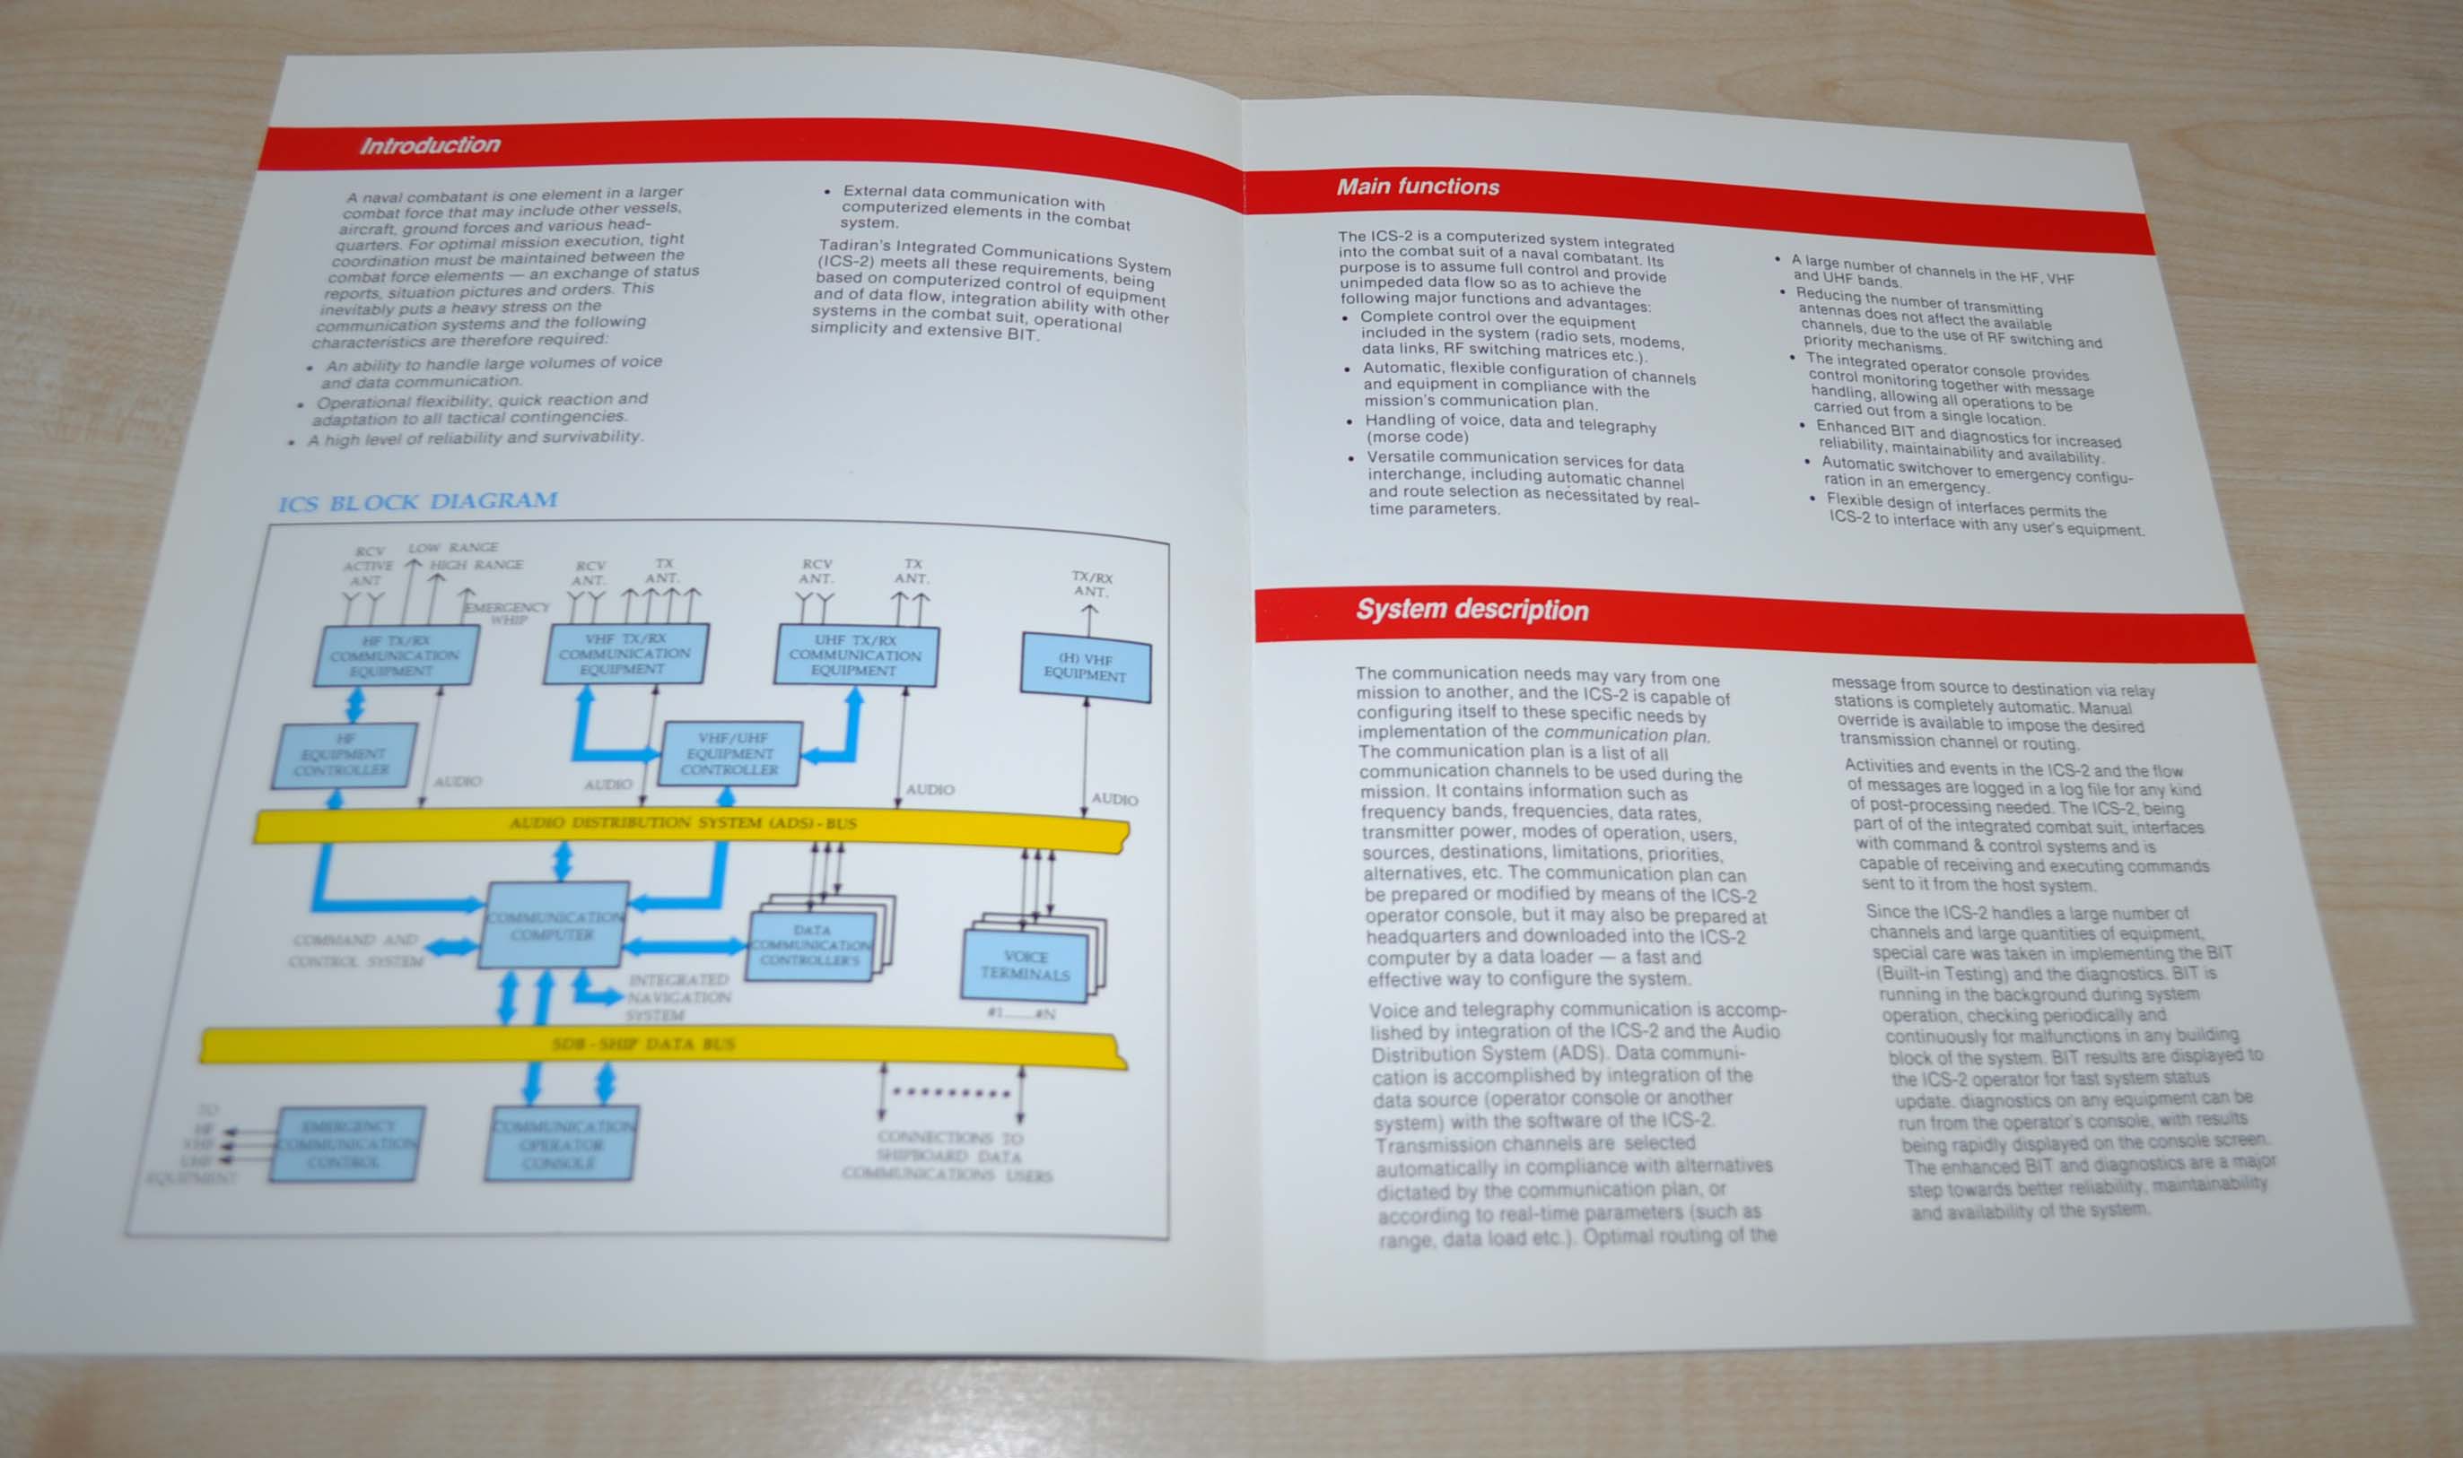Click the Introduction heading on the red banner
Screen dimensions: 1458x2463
(x=430, y=145)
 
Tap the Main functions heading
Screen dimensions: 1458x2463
(x=1418, y=187)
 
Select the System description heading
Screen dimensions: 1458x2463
(x=1472, y=610)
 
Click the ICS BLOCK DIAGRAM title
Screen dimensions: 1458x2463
(x=418, y=502)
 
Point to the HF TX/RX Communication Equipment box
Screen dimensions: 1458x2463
(x=395, y=655)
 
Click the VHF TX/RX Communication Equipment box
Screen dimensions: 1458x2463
(x=625, y=654)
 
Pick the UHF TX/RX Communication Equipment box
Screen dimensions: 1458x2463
(x=855, y=655)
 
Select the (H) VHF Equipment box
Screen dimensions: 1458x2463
(x=1085, y=667)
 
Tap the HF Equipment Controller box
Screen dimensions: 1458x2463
(x=344, y=754)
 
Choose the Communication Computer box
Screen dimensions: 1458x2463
(x=554, y=925)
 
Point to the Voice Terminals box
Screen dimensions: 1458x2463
(x=1025, y=965)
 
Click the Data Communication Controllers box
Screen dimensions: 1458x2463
(x=811, y=945)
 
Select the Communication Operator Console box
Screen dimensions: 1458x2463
(x=561, y=1144)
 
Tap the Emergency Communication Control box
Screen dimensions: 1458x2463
(x=348, y=1144)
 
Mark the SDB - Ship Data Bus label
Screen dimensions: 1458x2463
(x=643, y=1045)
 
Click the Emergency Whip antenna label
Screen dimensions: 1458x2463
(x=507, y=613)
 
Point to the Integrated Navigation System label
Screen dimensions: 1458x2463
(x=678, y=997)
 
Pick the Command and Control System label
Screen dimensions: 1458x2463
(x=356, y=950)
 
